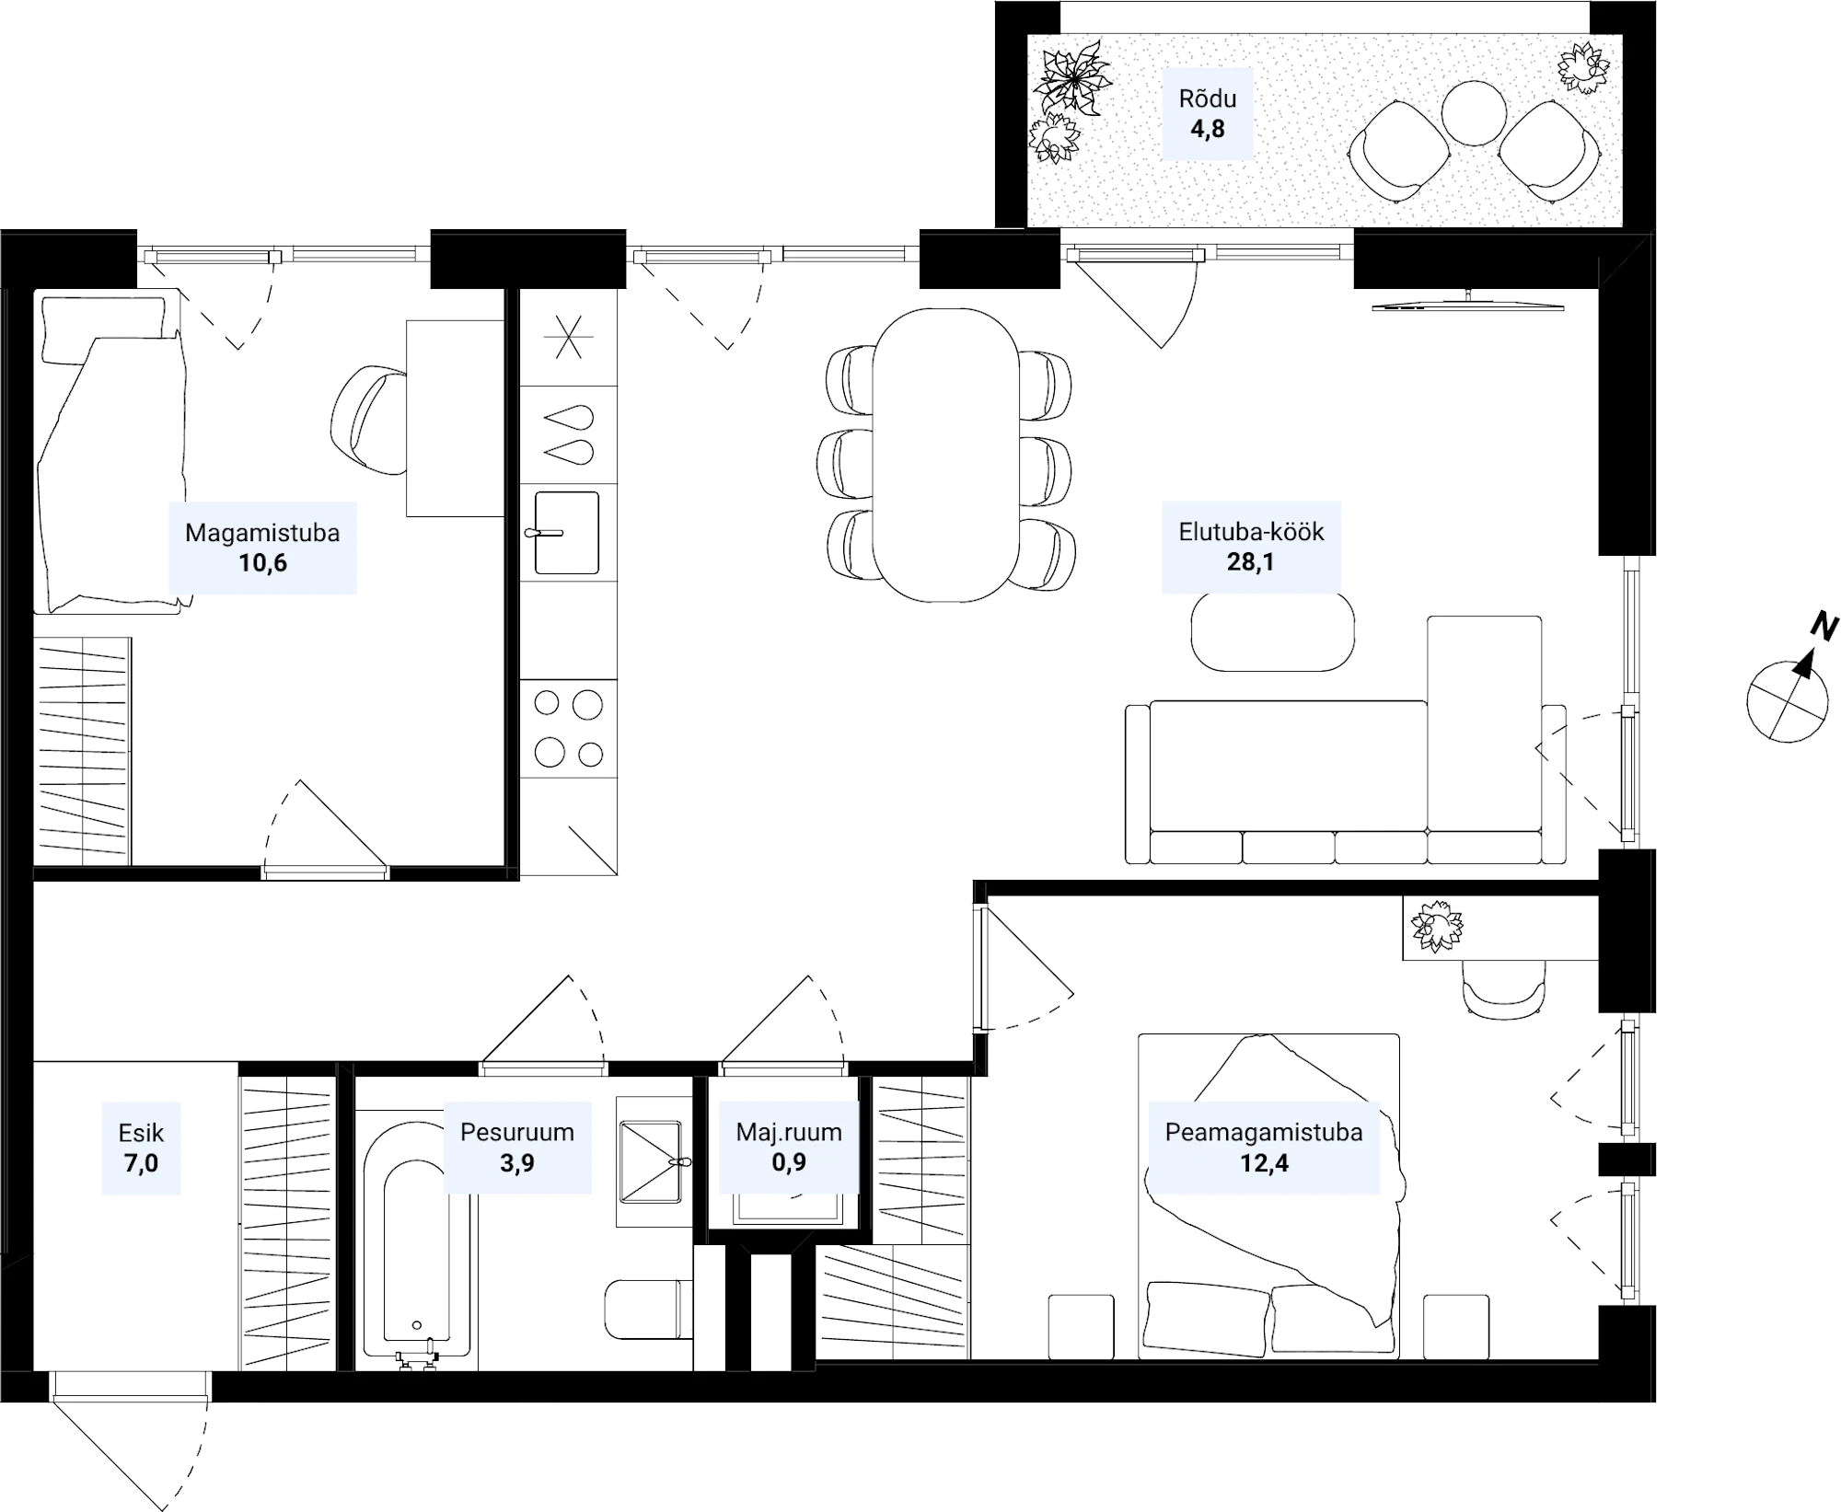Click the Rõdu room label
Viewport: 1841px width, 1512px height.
coord(1207,98)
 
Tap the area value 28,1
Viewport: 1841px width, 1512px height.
coord(1250,561)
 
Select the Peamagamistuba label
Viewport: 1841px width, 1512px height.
coord(1263,1132)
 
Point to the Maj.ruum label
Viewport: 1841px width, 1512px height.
coord(789,1132)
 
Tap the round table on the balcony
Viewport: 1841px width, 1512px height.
coord(1473,113)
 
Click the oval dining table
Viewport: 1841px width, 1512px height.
coord(945,455)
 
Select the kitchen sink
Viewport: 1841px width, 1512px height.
coord(566,533)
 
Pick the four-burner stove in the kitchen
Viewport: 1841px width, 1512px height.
coord(568,728)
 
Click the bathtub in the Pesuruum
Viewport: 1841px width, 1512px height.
coord(417,1241)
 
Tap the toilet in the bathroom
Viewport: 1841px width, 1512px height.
coord(647,1310)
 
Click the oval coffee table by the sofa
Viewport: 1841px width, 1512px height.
coord(1272,631)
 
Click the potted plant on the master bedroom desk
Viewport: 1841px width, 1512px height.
coord(1436,926)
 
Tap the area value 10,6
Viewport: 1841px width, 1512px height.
coord(262,562)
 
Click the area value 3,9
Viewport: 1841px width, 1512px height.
coord(516,1162)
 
